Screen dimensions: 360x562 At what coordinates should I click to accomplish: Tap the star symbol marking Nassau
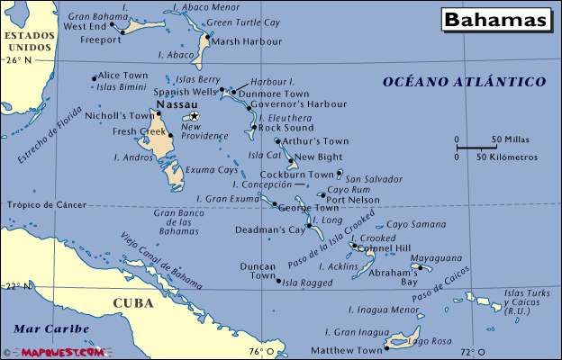tap(194, 116)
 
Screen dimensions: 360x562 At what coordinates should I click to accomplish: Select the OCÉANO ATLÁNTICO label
tap(464, 82)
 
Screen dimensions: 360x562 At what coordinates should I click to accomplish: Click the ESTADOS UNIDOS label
tap(25, 40)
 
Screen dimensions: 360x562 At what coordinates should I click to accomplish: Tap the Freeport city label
tap(99, 40)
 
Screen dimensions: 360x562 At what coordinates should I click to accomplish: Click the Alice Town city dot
tap(95, 78)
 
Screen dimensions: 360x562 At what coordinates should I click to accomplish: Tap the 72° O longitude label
tap(467, 351)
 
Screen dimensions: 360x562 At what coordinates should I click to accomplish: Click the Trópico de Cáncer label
tap(45, 204)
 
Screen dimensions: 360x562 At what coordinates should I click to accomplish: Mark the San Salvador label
tap(374, 179)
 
